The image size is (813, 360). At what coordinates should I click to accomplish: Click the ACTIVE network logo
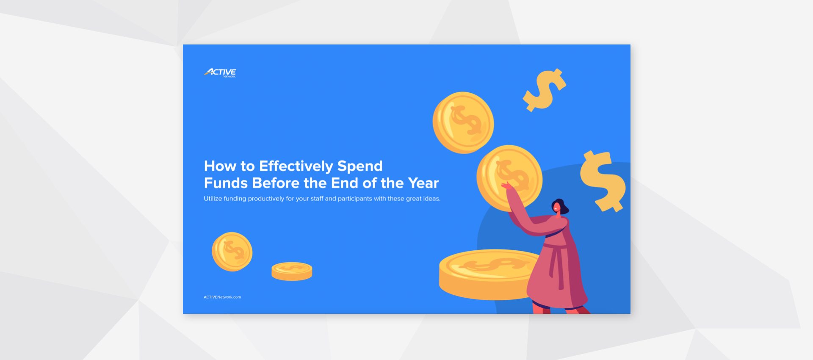(220, 73)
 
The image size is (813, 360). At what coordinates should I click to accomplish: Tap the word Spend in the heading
(360, 166)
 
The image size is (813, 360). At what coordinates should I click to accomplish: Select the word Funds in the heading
(226, 183)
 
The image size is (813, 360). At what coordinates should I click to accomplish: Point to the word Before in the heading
(276, 183)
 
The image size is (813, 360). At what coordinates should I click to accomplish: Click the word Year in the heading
(423, 183)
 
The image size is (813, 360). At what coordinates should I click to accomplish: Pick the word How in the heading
(220, 166)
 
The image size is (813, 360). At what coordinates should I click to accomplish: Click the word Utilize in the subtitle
(213, 199)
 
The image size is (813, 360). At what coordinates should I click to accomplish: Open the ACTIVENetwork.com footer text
(222, 297)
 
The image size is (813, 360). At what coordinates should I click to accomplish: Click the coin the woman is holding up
(509, 178)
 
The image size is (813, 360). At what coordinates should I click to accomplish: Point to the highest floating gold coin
(463, 122)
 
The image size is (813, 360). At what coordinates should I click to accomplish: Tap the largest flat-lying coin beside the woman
(487, 273)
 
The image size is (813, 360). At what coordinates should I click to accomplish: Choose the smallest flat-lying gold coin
(292, 271)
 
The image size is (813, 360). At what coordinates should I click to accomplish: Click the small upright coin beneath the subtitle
(232, 252)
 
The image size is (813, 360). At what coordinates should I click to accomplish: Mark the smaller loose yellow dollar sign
(545, 90)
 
